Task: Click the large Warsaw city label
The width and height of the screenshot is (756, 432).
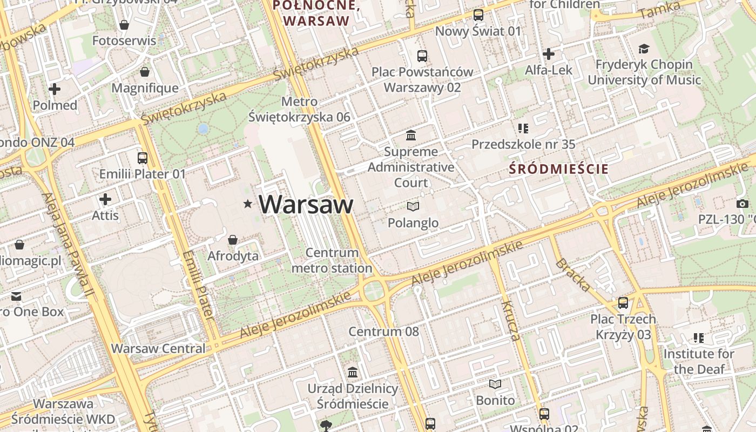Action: [306, 205]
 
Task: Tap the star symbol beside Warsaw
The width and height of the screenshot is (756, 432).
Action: [248, 204]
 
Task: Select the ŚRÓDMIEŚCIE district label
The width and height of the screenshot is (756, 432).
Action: [559, 169]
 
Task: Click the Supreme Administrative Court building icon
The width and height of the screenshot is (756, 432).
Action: [411, 134]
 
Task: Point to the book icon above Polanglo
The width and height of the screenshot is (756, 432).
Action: [413, 206]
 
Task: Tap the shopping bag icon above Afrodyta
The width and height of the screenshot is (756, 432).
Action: [233, 239]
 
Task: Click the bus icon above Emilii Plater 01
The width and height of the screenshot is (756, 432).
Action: [143, 158]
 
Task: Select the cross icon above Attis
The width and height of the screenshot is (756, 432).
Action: [105, 199]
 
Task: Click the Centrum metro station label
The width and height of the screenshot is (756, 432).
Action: [332, 260]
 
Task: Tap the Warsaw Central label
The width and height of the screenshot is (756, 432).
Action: [158, 348]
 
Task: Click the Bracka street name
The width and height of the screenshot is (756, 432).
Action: [572, 275]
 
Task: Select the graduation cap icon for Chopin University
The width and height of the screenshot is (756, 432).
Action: [643, 49]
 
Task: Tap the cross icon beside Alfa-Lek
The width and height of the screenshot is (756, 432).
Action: [549, 54]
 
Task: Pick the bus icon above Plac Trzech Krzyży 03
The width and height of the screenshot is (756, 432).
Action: [623, 302]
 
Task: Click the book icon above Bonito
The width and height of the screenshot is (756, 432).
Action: [495, 384]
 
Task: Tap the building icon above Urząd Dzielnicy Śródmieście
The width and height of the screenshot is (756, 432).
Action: [353, 372]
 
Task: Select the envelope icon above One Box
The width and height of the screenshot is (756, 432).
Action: [16, 296]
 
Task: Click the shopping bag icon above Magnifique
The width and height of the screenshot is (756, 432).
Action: [145, 72]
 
